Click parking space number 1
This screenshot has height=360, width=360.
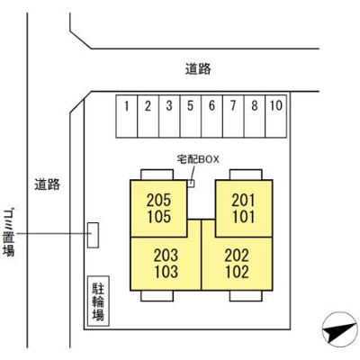pos(127,116)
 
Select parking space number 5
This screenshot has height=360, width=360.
pos(191,116)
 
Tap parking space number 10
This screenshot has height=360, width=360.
pos(275,116)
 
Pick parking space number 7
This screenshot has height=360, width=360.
pos(233,116)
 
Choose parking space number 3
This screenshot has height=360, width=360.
pos(169,116)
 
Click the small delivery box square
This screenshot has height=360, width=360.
pos(191,184)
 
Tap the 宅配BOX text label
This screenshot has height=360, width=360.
pos(198,159)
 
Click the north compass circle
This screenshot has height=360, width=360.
pos(339,329)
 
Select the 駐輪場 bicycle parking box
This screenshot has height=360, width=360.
pos(98,301)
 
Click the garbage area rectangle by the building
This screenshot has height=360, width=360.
pos(93,235)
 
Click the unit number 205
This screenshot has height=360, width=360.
pos(158,201)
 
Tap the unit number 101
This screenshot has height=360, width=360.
pos(244,217)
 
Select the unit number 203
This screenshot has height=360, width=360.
pos(166,256)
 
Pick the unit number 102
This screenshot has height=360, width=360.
pos(237,272)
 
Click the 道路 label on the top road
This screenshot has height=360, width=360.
pos(198,69)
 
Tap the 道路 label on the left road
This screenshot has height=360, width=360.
pos(48,184)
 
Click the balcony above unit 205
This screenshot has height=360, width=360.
pos(157,175)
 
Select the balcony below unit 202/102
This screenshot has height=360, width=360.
pos(246,296)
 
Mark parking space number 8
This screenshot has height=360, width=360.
pos(255,116)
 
